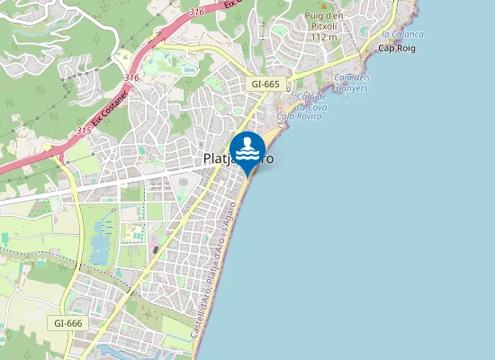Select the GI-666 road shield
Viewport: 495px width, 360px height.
point(67,322)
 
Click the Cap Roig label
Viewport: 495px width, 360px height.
point(396,48)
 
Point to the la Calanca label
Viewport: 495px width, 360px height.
point(402,34)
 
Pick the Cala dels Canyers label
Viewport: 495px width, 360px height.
point(352,82)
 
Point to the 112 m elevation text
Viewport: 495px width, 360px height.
point(323,37)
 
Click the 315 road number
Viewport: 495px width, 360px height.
point(84,130)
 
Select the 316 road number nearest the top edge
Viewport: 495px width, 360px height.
point(197,12)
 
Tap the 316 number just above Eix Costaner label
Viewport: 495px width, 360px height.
point(131,78)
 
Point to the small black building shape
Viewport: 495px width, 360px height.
point(156,248)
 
